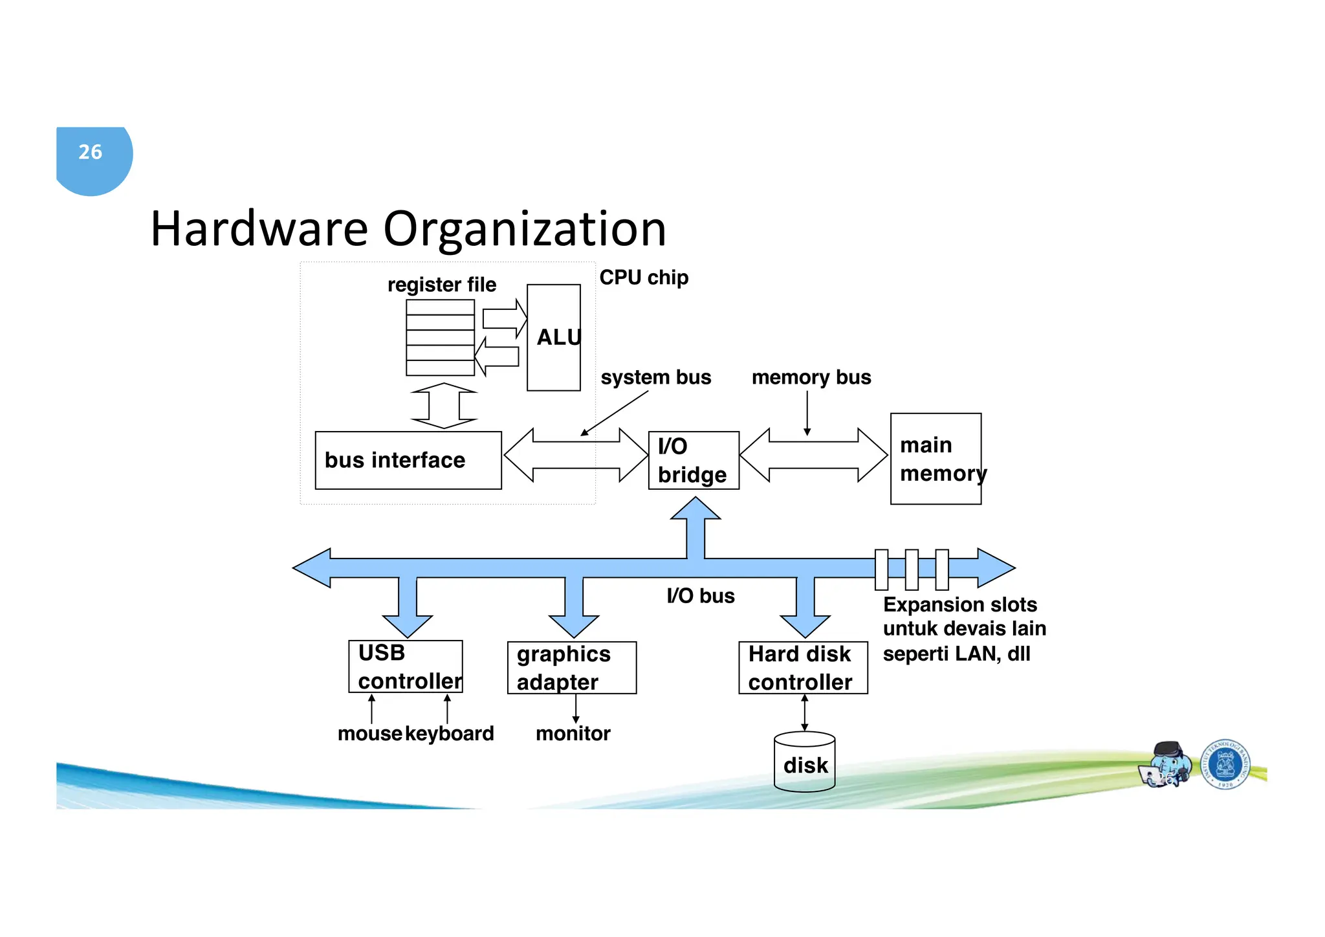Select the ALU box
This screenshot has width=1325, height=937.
point(554,338)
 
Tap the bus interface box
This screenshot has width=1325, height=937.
point(408,460)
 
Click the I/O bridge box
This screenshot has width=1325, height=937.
point(693,460)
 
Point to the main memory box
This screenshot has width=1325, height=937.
point(936,459)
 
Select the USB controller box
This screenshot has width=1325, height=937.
point(406,667)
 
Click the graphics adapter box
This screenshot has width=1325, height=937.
point(572,668)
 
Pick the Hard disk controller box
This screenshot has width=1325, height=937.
point(803,668)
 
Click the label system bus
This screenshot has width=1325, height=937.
point(655,377)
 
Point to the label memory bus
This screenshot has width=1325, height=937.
point(811,377)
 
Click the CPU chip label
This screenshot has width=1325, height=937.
point(644,278)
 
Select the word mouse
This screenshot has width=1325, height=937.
point(370,734)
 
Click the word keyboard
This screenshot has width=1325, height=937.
point(450,734)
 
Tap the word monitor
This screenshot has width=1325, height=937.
point(573,734)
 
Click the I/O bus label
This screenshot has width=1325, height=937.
point(701,596)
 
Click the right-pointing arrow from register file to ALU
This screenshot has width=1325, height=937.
point(504,318)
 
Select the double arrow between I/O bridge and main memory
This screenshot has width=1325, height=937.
point(813,455)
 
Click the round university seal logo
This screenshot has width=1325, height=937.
point(1225,764)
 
